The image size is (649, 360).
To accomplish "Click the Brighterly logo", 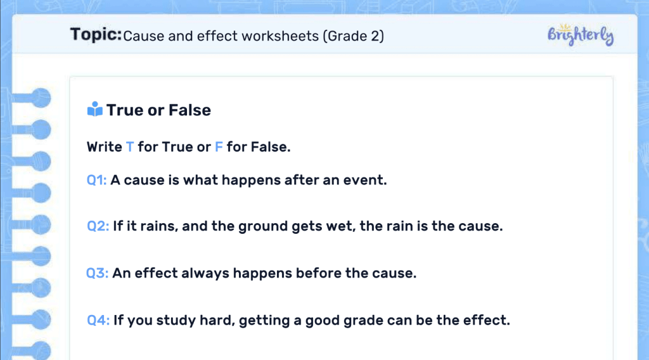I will (x=580, y=35).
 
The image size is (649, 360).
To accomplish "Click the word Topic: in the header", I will (x=96, y=34).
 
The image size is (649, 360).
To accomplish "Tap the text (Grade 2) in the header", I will (x=353, y=35).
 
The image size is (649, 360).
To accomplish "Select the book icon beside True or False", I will (x=94, y=110).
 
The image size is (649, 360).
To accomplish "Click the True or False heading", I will (x=158, y=110).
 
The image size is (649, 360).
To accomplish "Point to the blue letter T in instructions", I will (x=130, y=147).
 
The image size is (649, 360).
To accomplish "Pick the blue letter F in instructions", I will (x=219, y=147).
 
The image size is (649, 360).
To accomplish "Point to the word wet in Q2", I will (x=339, y=226).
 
